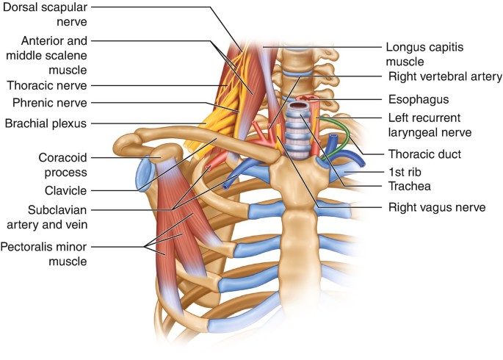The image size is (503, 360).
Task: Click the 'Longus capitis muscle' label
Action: [426, 53]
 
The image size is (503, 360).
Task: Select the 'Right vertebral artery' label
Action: [444, 76]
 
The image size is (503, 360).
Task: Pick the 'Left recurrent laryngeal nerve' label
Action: [430, 124]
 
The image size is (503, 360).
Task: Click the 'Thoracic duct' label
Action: [421, 154]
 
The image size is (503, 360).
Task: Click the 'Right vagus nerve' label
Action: [436, 207]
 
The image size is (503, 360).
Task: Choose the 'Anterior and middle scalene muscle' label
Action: [55, 54]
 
